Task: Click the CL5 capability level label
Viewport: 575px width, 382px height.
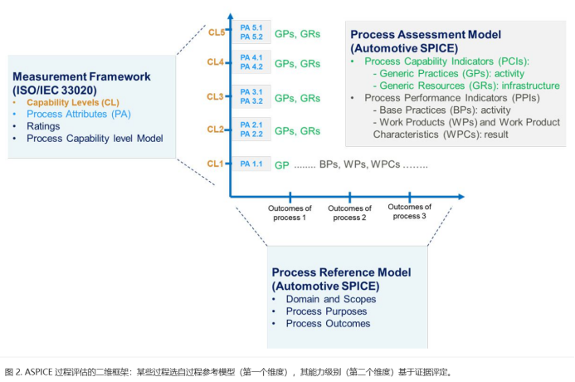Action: coord(216,32)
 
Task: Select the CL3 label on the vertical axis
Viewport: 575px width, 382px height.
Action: coord(216,97)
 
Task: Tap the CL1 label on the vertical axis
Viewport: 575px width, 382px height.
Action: coord(216,164)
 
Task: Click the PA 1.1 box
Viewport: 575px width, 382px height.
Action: coord(251,164)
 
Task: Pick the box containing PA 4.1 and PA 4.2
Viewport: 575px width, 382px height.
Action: coord(251,62)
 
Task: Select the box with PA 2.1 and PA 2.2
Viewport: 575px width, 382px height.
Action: coord(251,129)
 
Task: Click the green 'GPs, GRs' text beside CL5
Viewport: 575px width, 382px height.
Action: coord(297,34)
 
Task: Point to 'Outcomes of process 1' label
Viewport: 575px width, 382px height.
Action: coord(290,212)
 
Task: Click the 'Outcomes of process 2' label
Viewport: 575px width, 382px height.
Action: coord(350,212)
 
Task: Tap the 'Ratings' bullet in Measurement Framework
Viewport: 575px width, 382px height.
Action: coord(43,126)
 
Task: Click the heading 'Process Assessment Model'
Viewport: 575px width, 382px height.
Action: coord(425,36)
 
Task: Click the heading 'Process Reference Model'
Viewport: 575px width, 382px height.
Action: coord(340,272)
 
